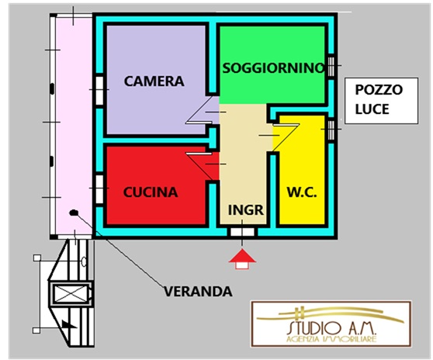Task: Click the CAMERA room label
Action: pos(154,81)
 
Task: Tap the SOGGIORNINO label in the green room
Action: pos(273,68)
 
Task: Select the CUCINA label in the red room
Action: pos(151,192)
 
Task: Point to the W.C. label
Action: pos(302,192)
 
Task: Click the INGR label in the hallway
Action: pos(246,210)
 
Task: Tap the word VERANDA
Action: pos(198,291)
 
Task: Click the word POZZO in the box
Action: pos(379,90)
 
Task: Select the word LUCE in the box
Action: pos(372,109)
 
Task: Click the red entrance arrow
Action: pos(242,258)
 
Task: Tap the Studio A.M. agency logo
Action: pos(331,324)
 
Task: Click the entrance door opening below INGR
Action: pos(242,232)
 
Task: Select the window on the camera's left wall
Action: pos(99,90)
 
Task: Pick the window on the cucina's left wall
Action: pos(99,189)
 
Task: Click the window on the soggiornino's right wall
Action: pos(331,66)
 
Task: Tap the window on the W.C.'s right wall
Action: pos(331,130)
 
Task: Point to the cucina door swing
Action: pos(203,167)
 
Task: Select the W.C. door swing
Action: pos(286,137)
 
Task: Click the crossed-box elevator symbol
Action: pos(70,294)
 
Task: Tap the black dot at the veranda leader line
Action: pos(74,213)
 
